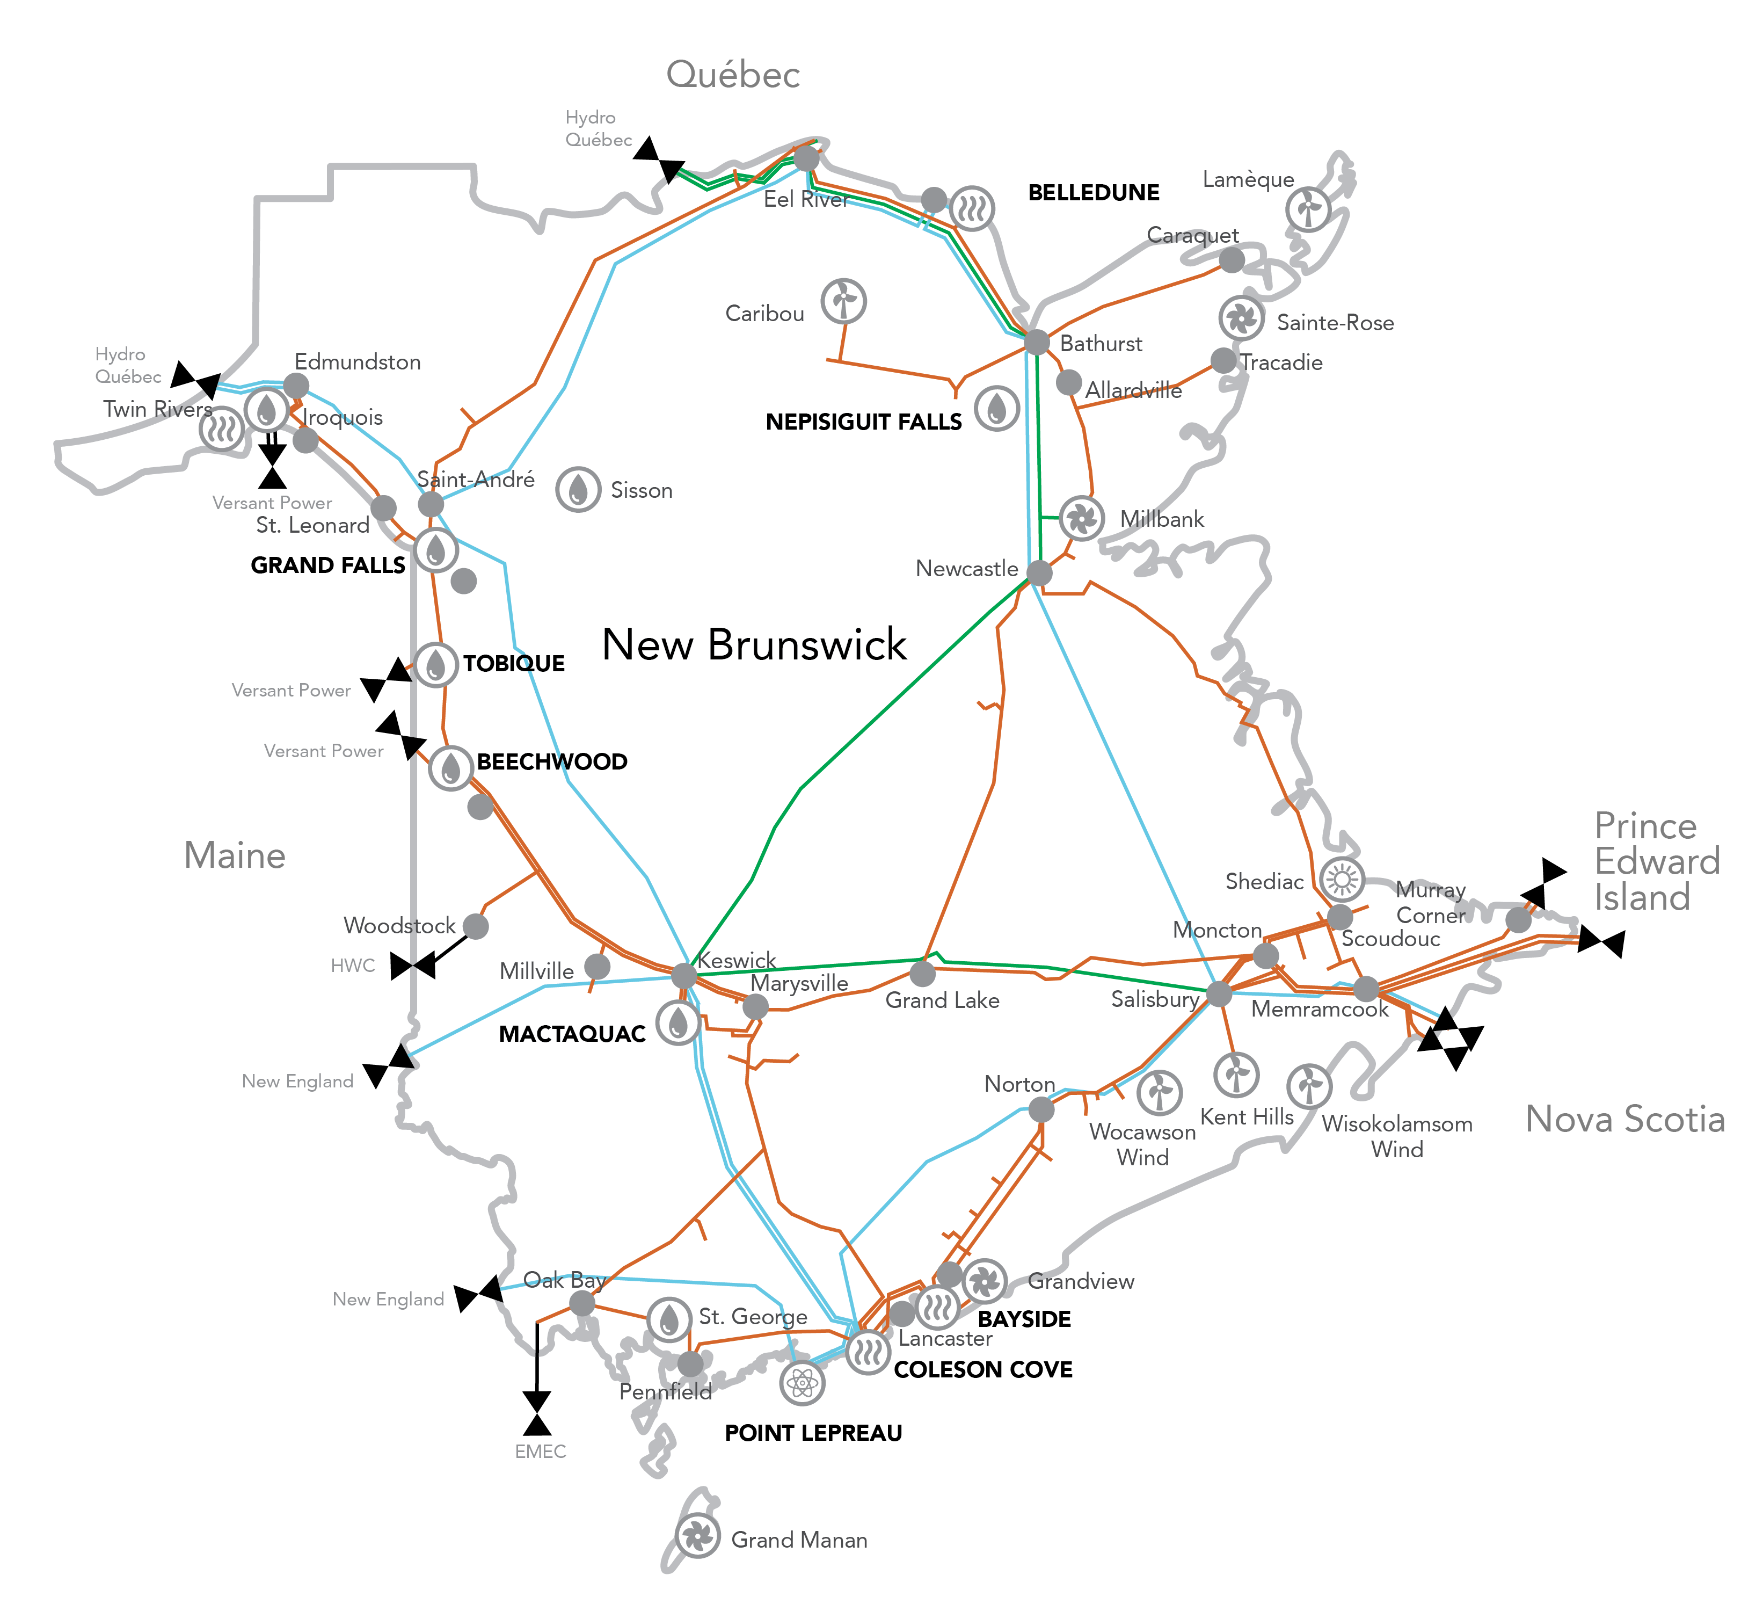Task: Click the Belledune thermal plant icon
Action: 972,208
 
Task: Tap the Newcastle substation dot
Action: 1039,573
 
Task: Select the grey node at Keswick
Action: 684,975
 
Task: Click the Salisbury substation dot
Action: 1219,993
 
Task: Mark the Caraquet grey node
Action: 1232,260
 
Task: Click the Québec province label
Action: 733,74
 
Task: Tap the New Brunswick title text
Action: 754,644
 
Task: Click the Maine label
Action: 235,855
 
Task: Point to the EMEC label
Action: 541,1452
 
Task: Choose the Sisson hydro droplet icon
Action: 578,490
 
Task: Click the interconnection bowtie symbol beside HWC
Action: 413,967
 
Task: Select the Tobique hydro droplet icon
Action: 435,665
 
